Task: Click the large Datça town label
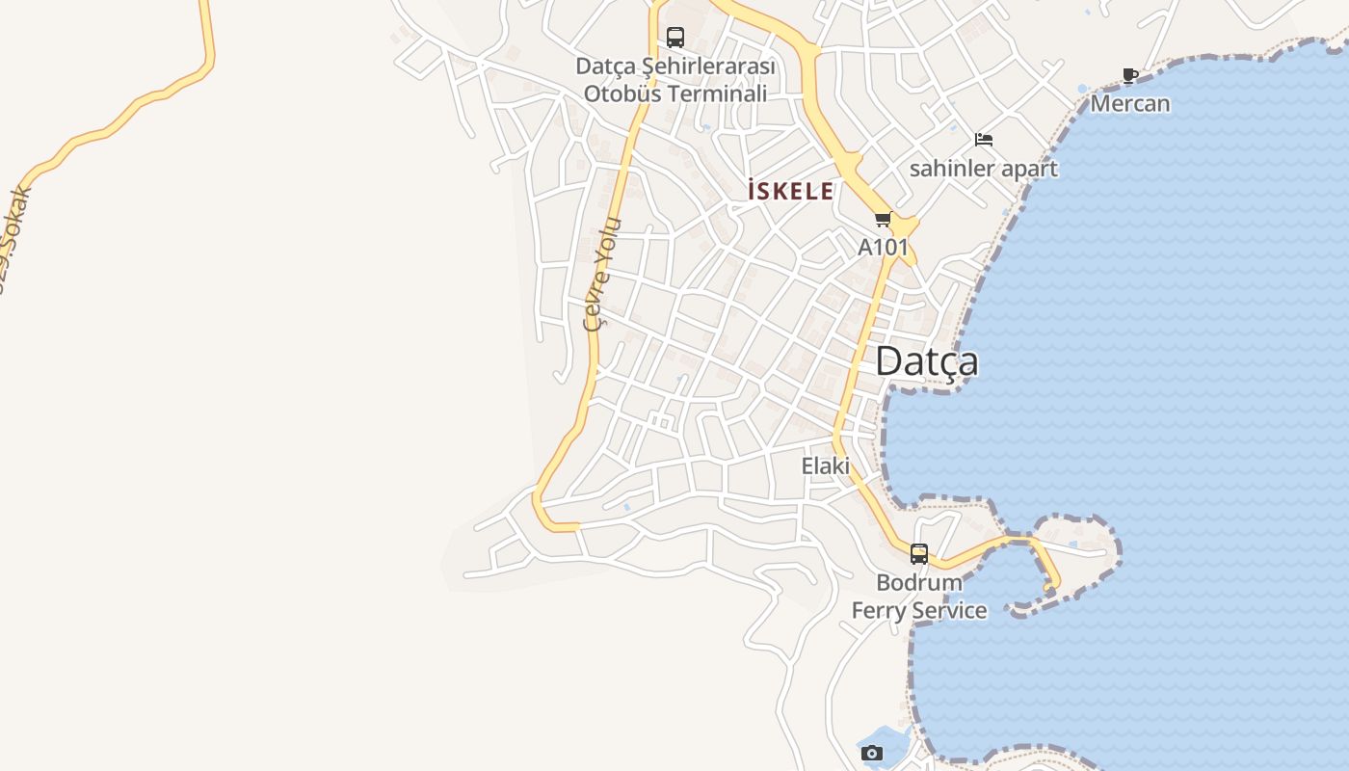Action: click(926, 361)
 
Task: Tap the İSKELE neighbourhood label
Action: click(790, 191)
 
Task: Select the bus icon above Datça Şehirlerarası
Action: click(675, 38)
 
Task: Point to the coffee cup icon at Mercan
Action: click(1130, 76)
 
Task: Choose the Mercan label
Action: click(1130, 103)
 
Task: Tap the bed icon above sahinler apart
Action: click(983, 140)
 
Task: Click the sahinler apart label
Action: click(983, 169)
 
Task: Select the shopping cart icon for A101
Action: click(883, 220)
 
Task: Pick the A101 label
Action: click(883, 247)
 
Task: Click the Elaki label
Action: click(826, 465)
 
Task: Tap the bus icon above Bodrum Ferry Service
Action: click(919, 554)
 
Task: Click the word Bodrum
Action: click(919, 582)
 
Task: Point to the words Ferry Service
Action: click(919, 610)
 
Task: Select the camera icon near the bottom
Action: click(872, 753)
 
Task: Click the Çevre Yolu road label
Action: click(603, 275)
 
